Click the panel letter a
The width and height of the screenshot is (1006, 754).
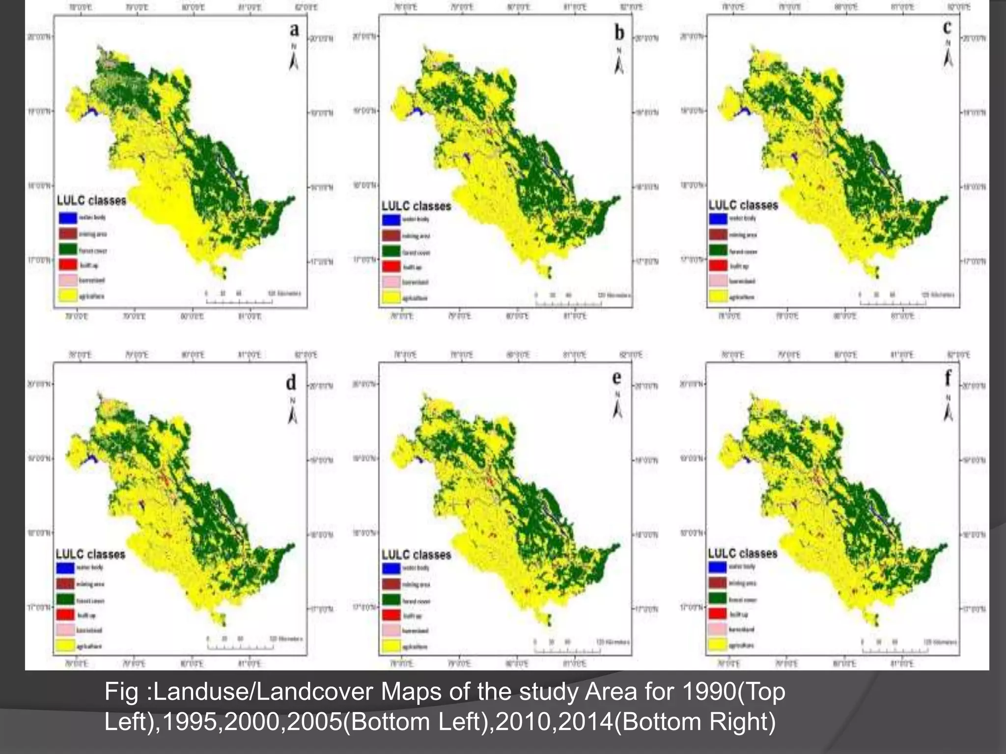pyautogui.click(x=294, y=29)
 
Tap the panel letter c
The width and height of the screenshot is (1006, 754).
pyautogui.click(x=948, y=27)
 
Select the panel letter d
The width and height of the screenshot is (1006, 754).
pyautogui.click(x=291, y=382)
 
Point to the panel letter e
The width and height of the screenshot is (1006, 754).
pyautogui.click(x=617, y=377)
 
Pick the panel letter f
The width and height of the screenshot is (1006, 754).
pyautogui.click(x=948, y=377)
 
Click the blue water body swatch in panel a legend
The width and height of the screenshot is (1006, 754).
pyautogui.click(x=68, y=217)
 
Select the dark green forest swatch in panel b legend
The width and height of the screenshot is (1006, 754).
pyautogui.click(x=392, y=252)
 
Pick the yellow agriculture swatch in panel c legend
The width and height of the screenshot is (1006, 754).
pyautogui.click(x=718, y=296)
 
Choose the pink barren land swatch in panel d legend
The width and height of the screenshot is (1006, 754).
pyautogui.click(x=65, y=630)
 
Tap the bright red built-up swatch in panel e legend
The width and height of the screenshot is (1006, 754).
pyautogui.click(x=391, y=615)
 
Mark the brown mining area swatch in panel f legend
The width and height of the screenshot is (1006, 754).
pyautogui.click(x=717, y=583)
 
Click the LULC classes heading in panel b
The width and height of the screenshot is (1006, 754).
pyautogui.click(x=416, y=206)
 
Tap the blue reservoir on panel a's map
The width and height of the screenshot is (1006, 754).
pyautogui.click(x=91, y=112)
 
